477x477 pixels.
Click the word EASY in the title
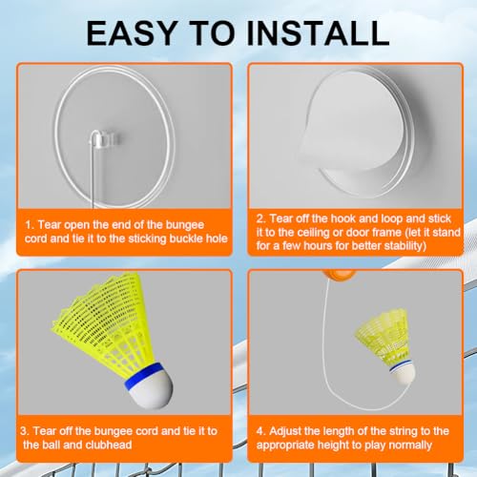coord(131,32)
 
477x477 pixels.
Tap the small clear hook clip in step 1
coord(104,139)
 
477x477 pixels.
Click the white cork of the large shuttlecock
coord(151,387)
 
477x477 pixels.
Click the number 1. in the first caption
coord(31,225)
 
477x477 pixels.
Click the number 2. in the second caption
coord(261,218)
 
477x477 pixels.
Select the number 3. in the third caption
coord(25,431)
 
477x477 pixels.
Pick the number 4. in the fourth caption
coord(261,431)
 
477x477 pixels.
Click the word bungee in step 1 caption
coord(185,225)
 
